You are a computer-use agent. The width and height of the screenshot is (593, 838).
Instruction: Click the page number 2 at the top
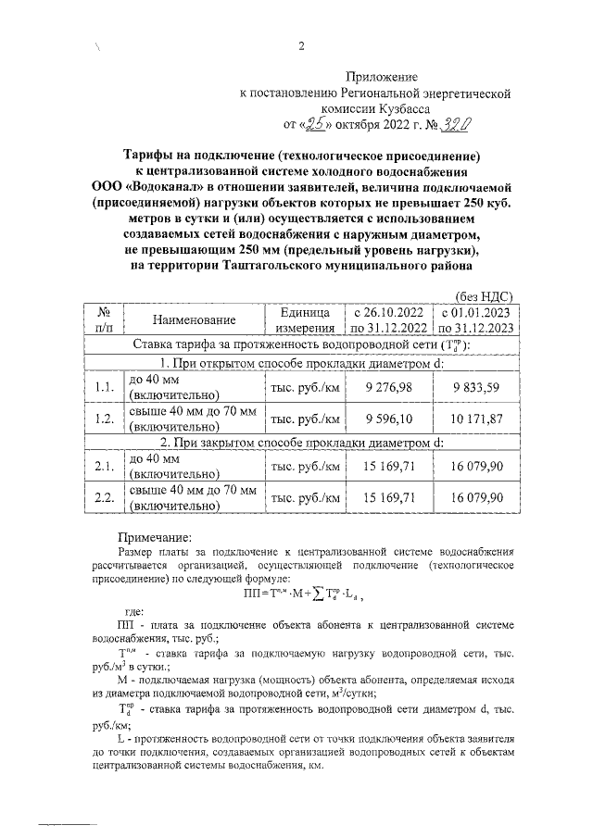click(x=301, y=49)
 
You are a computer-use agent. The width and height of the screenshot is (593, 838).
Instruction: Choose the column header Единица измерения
click(x=301, y=319)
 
